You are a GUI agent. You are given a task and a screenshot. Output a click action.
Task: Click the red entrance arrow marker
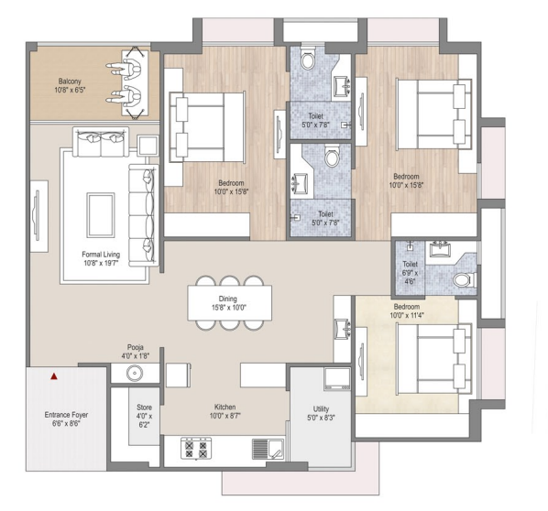point(54,376)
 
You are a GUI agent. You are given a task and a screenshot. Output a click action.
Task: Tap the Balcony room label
point(70,82)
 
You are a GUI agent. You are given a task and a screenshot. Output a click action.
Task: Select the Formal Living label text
point(101,255)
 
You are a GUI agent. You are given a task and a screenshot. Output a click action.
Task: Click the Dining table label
point(228,299)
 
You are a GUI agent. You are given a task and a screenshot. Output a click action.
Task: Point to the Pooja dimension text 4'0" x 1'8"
point(136,356)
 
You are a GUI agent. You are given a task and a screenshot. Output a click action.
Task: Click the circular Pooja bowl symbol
point(135,373)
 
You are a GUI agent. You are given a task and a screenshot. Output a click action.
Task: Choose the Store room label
point(145,408)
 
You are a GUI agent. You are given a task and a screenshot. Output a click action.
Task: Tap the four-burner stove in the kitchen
point(196,448)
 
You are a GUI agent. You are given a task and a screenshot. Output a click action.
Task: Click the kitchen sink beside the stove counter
point(269,449)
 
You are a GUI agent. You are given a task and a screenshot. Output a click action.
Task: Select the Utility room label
point(321,408)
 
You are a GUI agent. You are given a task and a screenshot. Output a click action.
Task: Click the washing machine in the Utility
point(337,378)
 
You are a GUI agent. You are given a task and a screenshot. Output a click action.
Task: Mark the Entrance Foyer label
point(66,415)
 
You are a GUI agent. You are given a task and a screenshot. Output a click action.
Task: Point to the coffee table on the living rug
point(101,215)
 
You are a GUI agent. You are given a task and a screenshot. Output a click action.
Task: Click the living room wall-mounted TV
point(37,215)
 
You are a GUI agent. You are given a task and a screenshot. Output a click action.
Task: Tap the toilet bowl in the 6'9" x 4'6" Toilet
point(464,280)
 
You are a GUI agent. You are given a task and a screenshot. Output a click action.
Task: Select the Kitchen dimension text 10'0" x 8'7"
point(225,416)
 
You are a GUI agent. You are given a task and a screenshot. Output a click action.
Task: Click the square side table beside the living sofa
point(148,146)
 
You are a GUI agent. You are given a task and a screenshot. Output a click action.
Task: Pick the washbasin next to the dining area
point(342,329)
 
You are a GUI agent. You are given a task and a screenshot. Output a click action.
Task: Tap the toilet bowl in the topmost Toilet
point(308,58)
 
